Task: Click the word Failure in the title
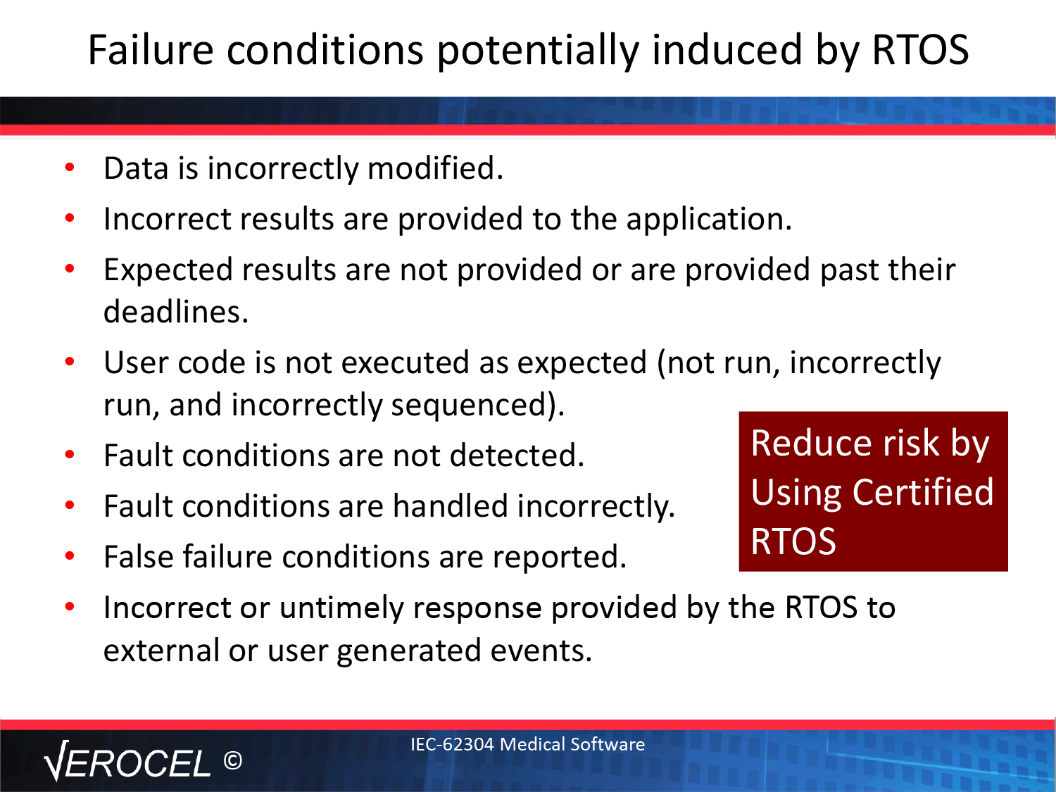pyautogui.click(x=151, y=49)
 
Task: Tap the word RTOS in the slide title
pyautogui.click(x=920, y=49)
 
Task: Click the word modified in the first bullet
pyautogui.click(x=435, y=168)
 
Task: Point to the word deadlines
pyautogui.click(x=175, y=312)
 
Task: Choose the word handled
pyautogui.click(x=451, y=506)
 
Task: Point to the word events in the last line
pyautogui.click(x=541, y=650)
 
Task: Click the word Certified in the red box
pyautogui.click(x=922, y=492)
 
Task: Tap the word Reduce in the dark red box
pyautogui.click(x=812, y=443)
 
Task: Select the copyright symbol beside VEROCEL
pyautogui.click(x=232, y=760)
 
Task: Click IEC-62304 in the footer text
pyautogui.click(x=452, y=744)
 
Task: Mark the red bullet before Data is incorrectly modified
pyautogui.click(x=70, y=168)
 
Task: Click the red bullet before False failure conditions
pyautogui.click(x=70, y=556)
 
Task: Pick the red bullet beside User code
pyautogui.click(x=70, y=361)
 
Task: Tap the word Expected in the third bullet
pyautogui.click(x=168, y=270)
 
